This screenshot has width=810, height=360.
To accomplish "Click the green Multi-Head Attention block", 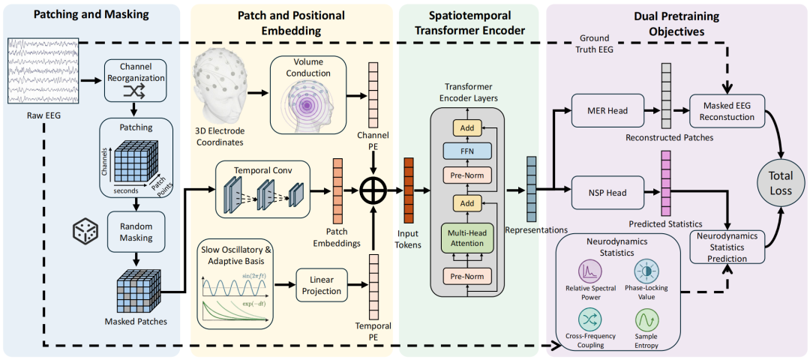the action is pyautogui.click(x=467, y=237).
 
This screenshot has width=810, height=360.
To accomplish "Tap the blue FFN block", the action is pyautogui.click(x=467, y=151).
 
